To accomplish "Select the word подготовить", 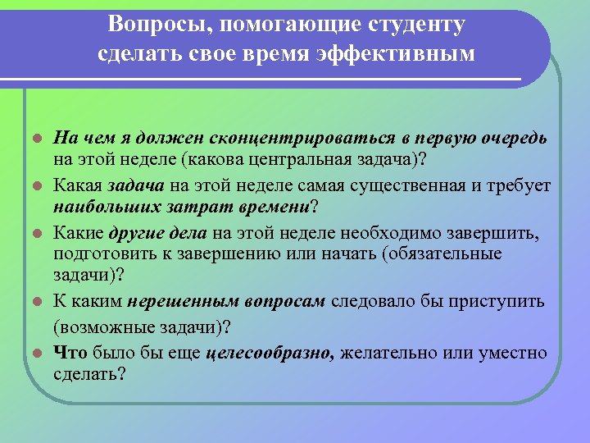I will [x=99, y=254].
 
